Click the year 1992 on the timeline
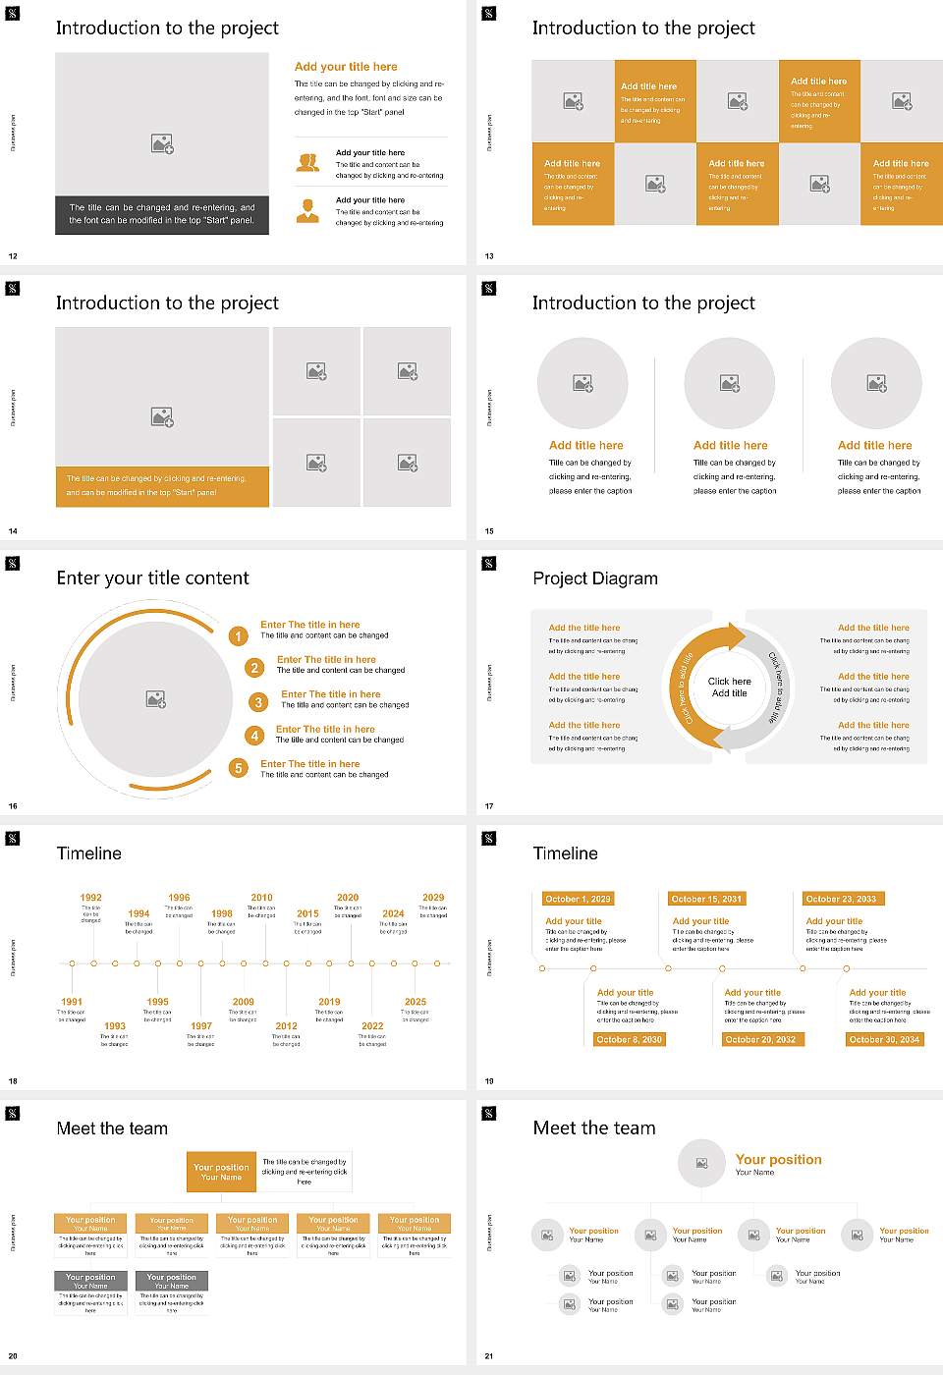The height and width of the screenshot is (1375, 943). coord(90,898)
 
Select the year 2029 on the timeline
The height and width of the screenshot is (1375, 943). coord(433,898)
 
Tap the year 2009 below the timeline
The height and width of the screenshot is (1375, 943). coord(243,1002)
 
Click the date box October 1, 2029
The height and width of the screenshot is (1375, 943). coord(578,899)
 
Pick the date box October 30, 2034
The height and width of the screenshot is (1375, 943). coord(884,1039)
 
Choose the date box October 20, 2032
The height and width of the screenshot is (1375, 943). coord(760,1039)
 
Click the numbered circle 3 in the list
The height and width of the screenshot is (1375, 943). coord(258,702)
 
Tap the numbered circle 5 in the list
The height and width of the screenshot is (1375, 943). coord(238,768)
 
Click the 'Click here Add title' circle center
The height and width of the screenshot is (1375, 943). coord(729,687)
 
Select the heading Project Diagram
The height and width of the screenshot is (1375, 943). coord(595,578)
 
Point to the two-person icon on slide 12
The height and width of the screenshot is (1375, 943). coord(307,163)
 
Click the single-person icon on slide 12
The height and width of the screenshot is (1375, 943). coord(307,210)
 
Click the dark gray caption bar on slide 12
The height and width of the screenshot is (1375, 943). coord(162,214)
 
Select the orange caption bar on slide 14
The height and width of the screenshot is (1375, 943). coord(162,486)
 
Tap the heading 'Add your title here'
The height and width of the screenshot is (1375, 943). coord(346,67)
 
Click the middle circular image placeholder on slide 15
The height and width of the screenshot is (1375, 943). coord(729,383)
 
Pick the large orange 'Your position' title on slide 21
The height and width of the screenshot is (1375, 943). coord(778,1160)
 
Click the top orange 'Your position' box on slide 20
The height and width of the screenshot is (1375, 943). coord(221,1172)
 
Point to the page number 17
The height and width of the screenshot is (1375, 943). coord(489,806)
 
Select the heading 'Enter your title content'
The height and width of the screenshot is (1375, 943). coord(152,578)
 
